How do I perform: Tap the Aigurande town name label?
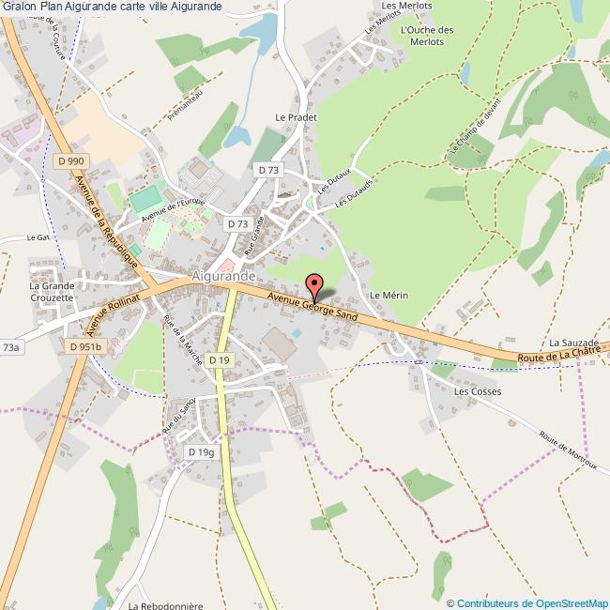222,277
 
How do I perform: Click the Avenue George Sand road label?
312,307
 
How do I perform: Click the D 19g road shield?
201,452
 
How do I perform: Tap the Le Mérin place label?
388,295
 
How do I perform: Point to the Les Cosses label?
478,391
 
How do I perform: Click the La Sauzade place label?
573,344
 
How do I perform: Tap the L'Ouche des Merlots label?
427,36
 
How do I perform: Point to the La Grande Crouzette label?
52,291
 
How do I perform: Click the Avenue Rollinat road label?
112,313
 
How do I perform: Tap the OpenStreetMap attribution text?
527,602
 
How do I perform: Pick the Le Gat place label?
38,237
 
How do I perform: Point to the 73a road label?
11,347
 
